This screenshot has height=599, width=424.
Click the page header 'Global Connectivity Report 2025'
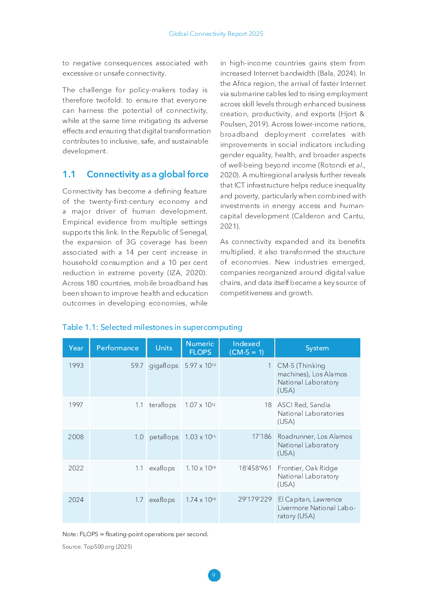point(216,34)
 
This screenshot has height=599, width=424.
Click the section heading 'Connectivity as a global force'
point(147,174)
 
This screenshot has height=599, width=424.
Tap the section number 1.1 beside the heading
point(69,174)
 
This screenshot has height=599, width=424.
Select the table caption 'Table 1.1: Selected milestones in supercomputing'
point(152,327)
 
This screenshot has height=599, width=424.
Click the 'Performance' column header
point(118,348)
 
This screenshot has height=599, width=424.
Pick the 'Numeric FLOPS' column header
point(200,348)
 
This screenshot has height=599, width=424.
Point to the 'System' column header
point(317,348)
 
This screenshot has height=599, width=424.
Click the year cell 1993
point(76,366)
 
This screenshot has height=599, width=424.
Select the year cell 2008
point(76,437)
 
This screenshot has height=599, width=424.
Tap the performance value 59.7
point(137,366)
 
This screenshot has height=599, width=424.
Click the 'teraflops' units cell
point(162,405)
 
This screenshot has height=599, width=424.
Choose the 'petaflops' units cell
point(164,437)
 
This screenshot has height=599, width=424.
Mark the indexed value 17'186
point(262,437)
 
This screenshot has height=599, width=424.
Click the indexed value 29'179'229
point(255,499)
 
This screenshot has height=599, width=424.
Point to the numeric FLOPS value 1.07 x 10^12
point(200,405)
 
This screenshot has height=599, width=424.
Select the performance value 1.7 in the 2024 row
point(139,499)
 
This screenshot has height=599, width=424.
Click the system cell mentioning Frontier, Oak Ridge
point(308,476)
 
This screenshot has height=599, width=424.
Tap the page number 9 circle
point(214,575)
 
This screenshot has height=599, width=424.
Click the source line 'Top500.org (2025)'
point(108,547)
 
